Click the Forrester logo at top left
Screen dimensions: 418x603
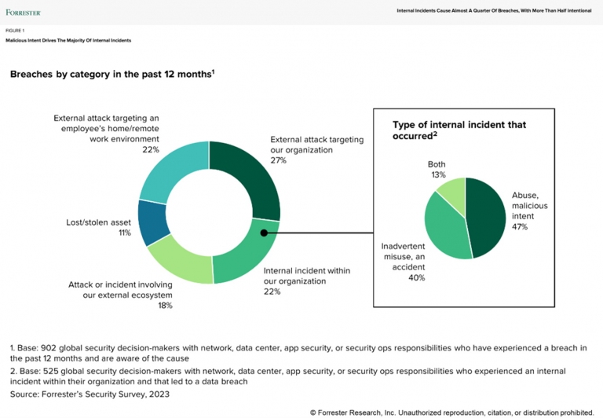click(x=23, y=13)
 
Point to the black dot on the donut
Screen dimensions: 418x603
click(x=264, y=233)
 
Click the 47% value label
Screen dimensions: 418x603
click(x=521, y=226)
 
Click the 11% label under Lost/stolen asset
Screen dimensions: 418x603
click(x=123, y=234)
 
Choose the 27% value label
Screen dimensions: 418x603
click(x=279, y=159)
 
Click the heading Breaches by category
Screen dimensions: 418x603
click(x=110, y=74)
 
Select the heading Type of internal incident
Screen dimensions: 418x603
click(x=459, y=130)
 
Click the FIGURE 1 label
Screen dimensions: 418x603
click(x=15, y=30)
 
